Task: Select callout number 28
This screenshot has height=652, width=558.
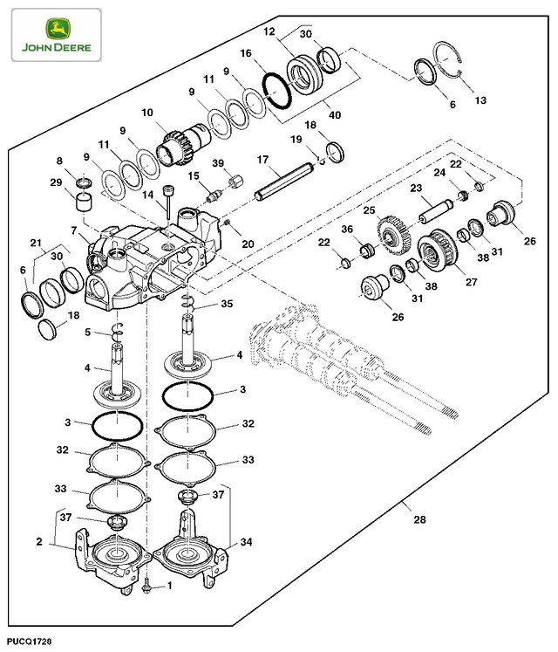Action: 419,520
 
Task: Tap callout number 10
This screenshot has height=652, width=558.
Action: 146,113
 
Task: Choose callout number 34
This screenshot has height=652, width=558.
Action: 246,543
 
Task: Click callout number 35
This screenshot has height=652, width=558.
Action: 228,305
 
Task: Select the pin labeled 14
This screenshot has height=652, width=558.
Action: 165,206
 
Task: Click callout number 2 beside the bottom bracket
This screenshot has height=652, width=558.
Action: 39,542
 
